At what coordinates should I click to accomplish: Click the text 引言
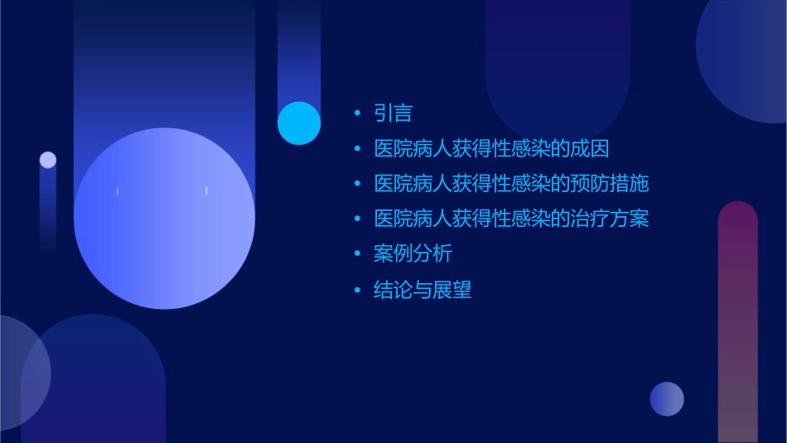393,113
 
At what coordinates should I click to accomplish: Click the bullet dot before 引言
357,113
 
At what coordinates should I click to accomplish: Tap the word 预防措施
612,184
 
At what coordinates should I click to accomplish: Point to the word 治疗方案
612,219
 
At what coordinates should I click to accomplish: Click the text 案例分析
413,254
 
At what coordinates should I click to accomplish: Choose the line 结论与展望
422,290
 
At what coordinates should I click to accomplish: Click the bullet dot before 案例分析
357,254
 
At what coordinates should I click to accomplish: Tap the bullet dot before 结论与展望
357,290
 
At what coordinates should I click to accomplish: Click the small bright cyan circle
299,123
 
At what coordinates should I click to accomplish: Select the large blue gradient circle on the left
164,219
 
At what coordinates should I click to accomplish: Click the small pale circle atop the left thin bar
48,160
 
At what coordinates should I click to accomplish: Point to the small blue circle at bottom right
667,399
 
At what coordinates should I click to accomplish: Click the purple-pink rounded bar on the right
737,323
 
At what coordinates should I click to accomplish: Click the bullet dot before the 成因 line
357,149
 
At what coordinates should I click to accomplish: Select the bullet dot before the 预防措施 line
357,184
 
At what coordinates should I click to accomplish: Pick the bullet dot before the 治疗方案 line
357,219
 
